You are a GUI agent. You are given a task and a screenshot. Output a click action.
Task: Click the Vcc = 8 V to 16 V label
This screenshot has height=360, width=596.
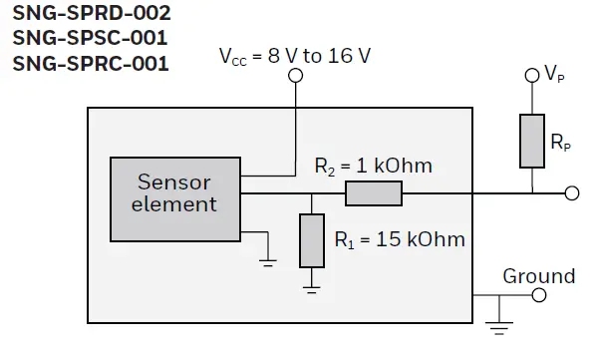point(294,56)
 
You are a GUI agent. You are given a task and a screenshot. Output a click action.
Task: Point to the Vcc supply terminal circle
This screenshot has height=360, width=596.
point(295,83)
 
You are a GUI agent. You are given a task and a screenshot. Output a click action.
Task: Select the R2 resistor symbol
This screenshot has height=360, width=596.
point(374,193)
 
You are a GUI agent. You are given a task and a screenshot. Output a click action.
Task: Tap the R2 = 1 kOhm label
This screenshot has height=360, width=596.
point(374,166)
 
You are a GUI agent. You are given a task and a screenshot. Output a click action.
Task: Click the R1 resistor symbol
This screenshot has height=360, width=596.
point(312,240)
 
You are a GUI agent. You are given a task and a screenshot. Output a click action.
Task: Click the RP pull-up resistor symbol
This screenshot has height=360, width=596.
point(532,140)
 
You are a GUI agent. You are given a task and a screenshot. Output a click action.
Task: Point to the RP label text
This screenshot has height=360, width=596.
point(561,144)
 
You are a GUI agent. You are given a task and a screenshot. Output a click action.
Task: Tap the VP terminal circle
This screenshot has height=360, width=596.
point(532,76)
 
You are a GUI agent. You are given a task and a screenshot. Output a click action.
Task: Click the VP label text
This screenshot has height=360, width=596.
point(556,74)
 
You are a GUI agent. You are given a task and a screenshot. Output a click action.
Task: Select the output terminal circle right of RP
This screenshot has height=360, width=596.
point(572,193)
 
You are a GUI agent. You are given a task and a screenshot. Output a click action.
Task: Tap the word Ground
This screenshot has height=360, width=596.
point(538,275)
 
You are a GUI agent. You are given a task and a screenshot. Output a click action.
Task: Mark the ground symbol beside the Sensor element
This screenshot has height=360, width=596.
point(267,261)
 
